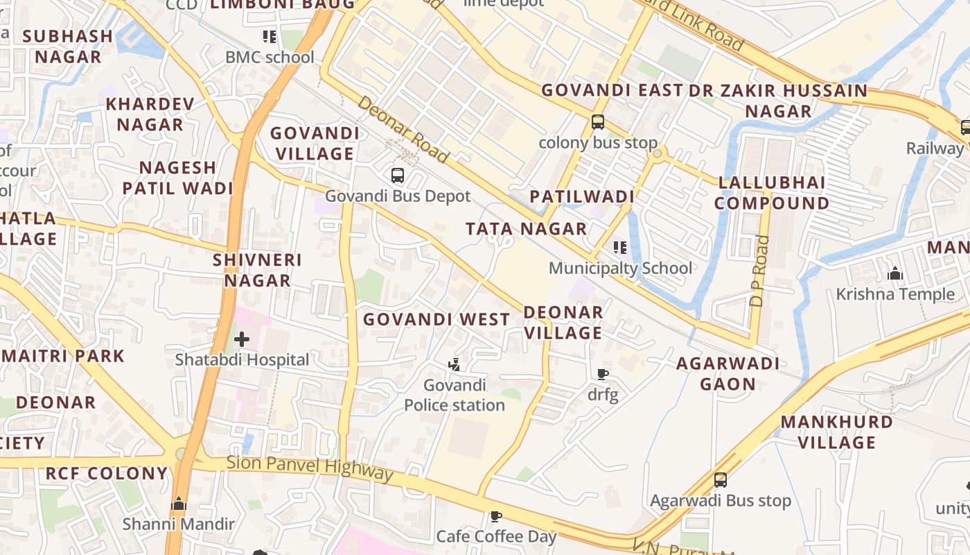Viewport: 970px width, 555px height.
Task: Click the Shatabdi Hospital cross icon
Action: [241, 339]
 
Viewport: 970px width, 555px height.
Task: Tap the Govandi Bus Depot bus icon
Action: [397, 176]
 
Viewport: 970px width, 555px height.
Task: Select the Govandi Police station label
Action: [455, 395]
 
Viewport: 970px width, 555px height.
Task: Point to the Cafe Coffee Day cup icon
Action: [495, 516]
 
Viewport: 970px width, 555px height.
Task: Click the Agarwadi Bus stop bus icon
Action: [720, 479]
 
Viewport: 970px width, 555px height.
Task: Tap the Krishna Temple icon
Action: [895, 273]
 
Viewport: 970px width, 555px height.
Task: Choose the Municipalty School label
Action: [620, 268]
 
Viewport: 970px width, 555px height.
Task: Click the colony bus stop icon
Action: [597, 122]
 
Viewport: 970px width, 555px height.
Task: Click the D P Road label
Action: [760, 271]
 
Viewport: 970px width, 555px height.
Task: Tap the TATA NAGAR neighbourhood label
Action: [526, 228]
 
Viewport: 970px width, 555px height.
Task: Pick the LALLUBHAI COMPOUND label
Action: [772, 193]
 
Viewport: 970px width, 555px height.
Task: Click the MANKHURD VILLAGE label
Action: [837, 432]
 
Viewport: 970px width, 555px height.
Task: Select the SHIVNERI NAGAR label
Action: [257, 270]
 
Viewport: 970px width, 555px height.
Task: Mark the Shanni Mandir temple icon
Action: [179, 504]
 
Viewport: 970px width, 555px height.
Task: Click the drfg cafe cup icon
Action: [602, 375]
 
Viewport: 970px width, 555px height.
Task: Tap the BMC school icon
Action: [269, 36]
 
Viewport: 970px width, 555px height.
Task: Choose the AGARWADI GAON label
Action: [727, 373]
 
